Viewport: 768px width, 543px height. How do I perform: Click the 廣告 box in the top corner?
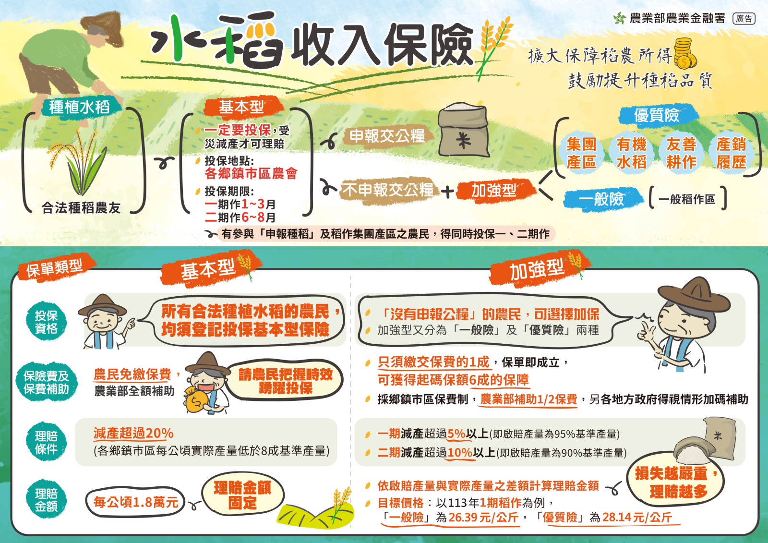coord(744,19)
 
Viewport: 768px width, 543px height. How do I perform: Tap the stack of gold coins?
coord(685,54)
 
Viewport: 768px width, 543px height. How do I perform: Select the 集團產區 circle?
coord(581,153)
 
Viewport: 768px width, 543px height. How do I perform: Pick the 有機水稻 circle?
coord(631,153)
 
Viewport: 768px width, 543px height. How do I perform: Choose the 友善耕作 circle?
coord(681,153)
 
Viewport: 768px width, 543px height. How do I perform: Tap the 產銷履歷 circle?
coord(731,153)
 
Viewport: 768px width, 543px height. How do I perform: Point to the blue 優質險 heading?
coord(656,115)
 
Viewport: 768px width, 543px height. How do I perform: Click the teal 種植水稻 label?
coord(79,107)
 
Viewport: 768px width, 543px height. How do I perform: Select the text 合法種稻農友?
coord(81,208)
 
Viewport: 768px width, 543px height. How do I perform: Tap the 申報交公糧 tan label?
coord(387,136)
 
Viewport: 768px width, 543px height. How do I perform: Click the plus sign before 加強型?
coord(447,192)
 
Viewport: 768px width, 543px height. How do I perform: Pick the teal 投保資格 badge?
coord(46,322)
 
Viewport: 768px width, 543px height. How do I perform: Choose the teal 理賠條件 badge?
coord(46,443)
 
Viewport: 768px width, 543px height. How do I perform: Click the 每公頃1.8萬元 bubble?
coord(136,502)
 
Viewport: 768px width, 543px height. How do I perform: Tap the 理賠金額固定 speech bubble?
coord(242,495)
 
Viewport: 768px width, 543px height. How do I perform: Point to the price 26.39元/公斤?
coord(483,518)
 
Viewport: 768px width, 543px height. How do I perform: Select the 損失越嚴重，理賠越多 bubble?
coord(675,482)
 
